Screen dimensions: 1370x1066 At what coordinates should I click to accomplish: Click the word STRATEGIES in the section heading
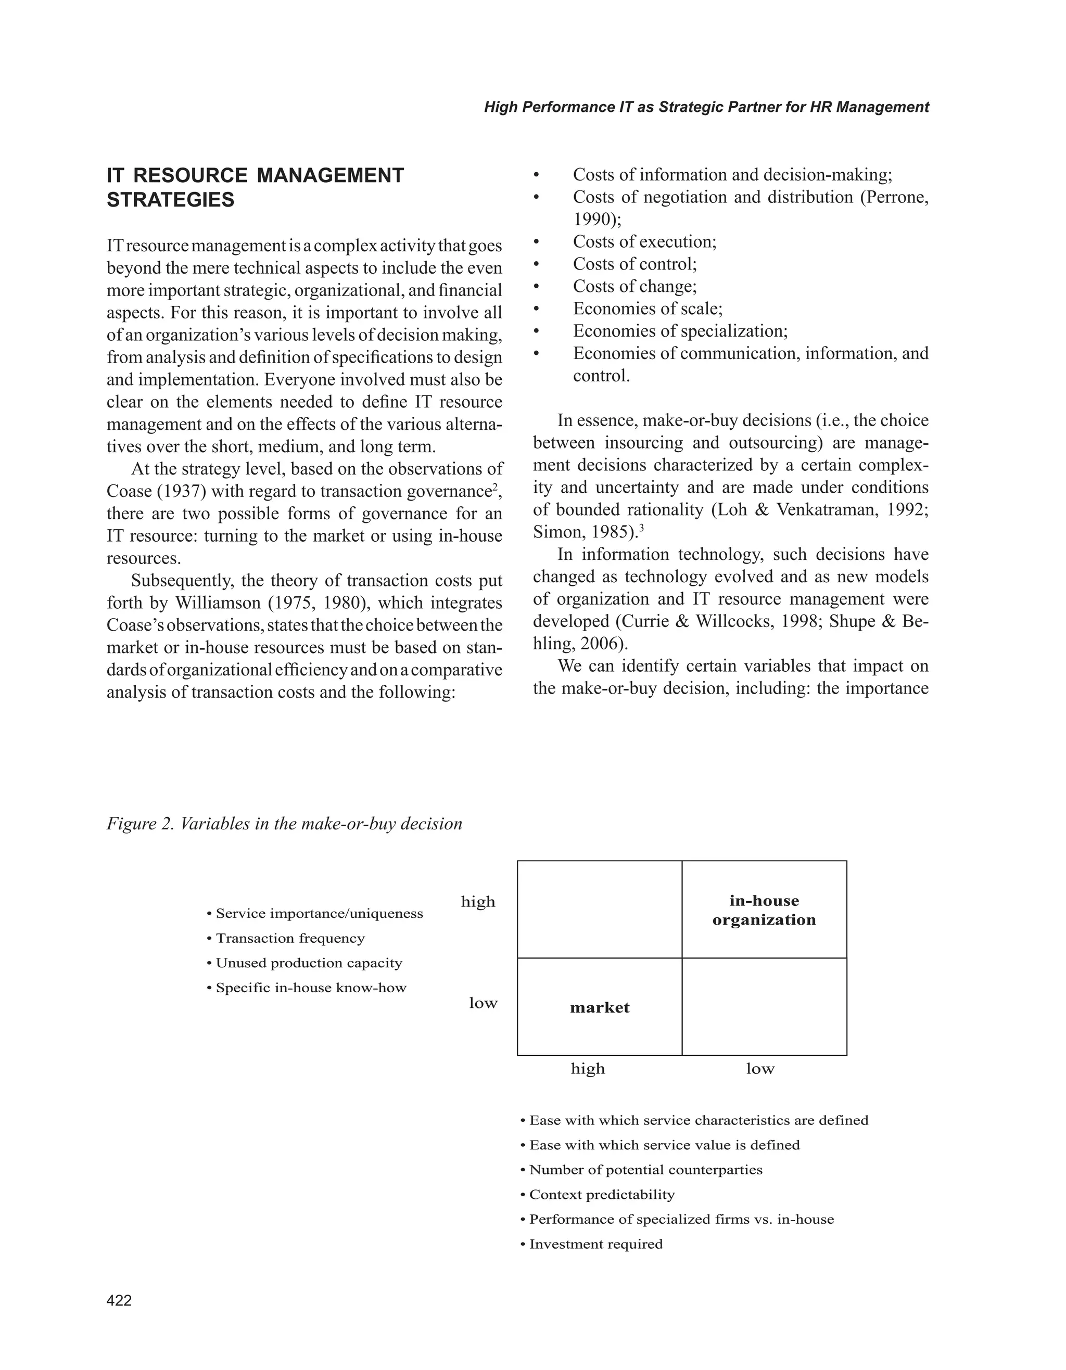(171, 200)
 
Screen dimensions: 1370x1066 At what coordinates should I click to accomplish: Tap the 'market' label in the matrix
(599, 1008)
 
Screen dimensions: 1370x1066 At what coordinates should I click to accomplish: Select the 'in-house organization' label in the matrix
(764, 910)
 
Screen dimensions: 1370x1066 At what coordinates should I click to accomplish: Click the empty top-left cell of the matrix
(599, 910)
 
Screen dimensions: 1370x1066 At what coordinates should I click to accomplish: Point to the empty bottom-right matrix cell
(764, 1007)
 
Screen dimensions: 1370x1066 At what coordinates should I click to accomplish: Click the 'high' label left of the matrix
(478, 902)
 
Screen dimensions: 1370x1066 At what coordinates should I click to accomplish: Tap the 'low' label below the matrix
(760, 1069)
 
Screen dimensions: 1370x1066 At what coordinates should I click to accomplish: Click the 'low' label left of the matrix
(483, 1003)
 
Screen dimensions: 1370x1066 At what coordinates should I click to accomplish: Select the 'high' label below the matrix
(587, 1069)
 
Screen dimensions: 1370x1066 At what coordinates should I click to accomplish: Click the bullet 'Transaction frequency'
(290, 939)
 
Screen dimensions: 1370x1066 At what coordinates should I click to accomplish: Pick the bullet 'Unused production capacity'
(309, 963)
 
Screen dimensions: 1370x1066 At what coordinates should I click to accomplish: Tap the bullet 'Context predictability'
(602, 1194)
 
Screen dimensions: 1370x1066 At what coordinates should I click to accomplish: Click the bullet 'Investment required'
(595, 1244)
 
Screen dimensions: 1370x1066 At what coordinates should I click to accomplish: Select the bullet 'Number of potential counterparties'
(645, 1170)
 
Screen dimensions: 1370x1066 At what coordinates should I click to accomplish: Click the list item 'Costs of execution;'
(644, 242)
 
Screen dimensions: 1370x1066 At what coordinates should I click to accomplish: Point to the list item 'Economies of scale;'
(648, 309)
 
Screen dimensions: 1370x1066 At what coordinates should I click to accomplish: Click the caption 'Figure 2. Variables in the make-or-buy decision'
(284, 824)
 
